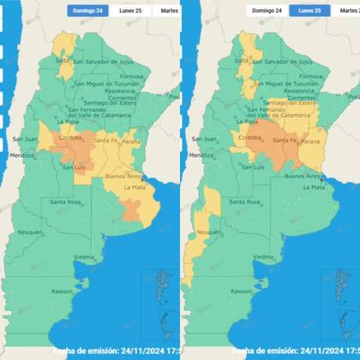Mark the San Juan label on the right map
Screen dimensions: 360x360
(x=203, y=139)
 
